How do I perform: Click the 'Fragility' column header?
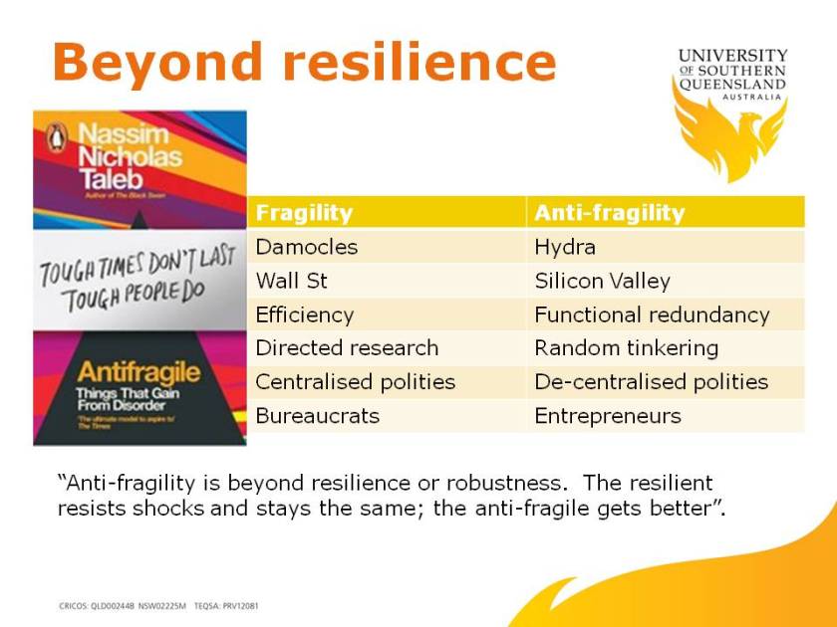[x=304, y=213]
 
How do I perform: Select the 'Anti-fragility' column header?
[x=609, y=213]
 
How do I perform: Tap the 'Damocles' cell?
[x=306, y=247]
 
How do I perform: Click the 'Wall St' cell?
[x=291, y=281]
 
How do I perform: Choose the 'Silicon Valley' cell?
[x=602, y=281]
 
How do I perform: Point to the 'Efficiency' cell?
[x=304, y=314]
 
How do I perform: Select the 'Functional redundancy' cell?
[x=652, y=314]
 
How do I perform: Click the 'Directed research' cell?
[x=347, y=348]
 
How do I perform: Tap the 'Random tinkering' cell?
[x=626, y=348]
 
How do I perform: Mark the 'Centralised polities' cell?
[x=356, y=382]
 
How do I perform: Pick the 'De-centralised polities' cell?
[x=651, y=382]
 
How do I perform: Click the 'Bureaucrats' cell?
[x=317, y=416]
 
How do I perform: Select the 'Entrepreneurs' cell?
[x=608, y=416]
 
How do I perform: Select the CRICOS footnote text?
[x=159, y=605]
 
